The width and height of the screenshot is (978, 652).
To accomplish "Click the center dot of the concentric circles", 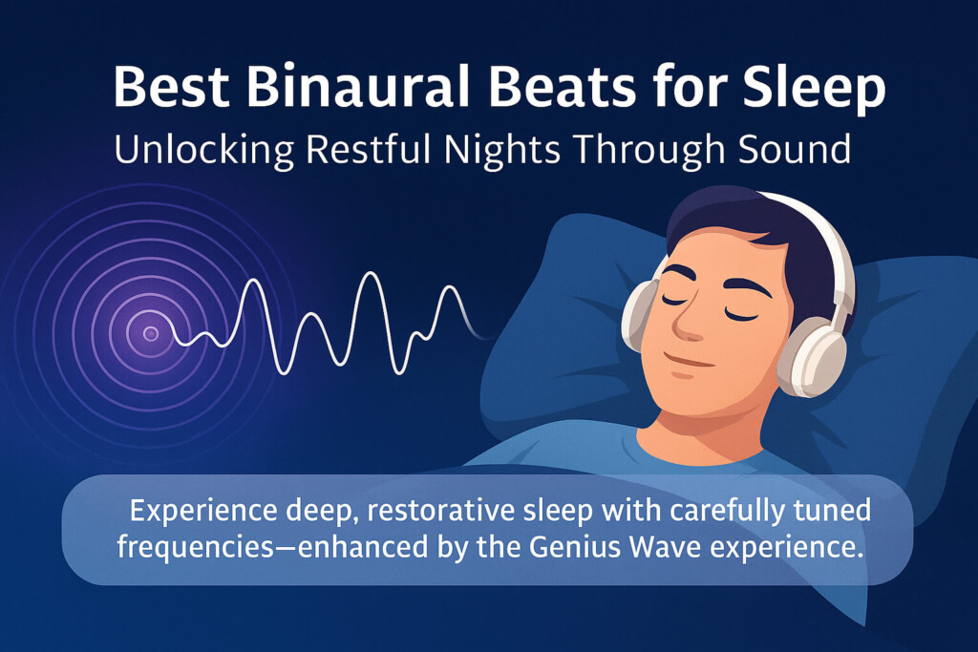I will [150, 333].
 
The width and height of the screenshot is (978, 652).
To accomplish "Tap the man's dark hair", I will [735, 229].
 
